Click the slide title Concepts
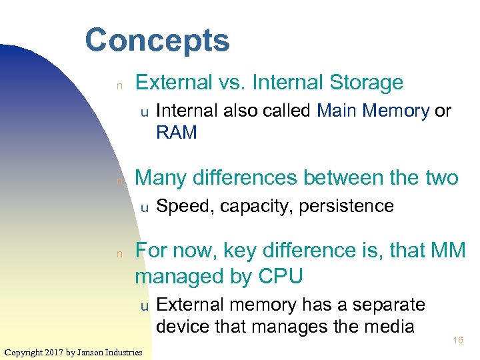(x=157, y=40)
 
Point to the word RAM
(x=177, y=133)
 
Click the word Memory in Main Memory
(x=397, y=111)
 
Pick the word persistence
(x=347, y=206)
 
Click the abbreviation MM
(x=449, y=250)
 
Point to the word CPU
(x=280, y=275)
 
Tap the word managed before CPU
(x=183, y=276)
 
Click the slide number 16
(x=457, y=341)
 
